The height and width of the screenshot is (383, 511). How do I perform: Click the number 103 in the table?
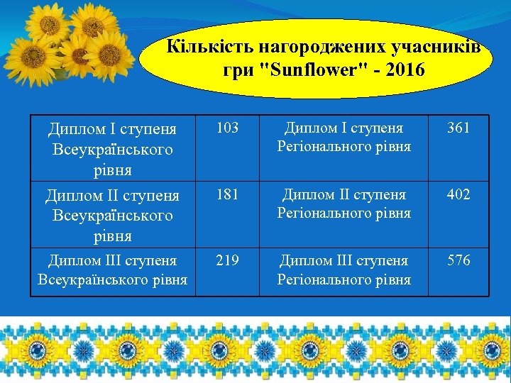click(x=227, y=128)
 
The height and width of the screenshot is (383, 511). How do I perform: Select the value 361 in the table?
click(x=458, y=128)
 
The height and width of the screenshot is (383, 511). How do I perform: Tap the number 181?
click(x=227, y=194)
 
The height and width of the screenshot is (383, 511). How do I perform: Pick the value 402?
click(x=458, y=194)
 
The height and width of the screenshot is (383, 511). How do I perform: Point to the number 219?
click(x=227, y=260)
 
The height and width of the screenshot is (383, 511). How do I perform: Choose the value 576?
click(x=458, y=260)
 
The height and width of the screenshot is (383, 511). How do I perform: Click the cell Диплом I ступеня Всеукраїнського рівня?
click(x=112, y=150)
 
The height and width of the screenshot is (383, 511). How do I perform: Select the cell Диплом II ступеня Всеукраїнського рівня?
click(x=112, y=215)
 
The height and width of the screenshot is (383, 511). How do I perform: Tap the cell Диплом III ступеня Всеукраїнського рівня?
click(x=112, y=270)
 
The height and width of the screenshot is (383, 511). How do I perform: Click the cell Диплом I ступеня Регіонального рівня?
click(x=344, y=138)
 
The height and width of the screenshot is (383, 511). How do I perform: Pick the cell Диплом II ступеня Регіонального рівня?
click(x=344, y=204)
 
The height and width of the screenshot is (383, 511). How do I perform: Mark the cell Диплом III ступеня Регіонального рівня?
click(x=344, y=270)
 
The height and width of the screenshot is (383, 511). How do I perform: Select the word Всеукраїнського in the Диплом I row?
click(x=112, y=150)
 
